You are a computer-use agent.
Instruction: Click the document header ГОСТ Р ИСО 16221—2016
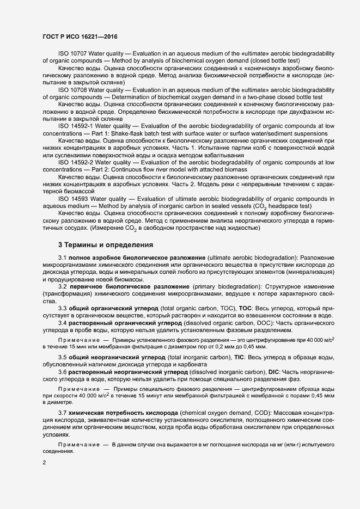80,36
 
